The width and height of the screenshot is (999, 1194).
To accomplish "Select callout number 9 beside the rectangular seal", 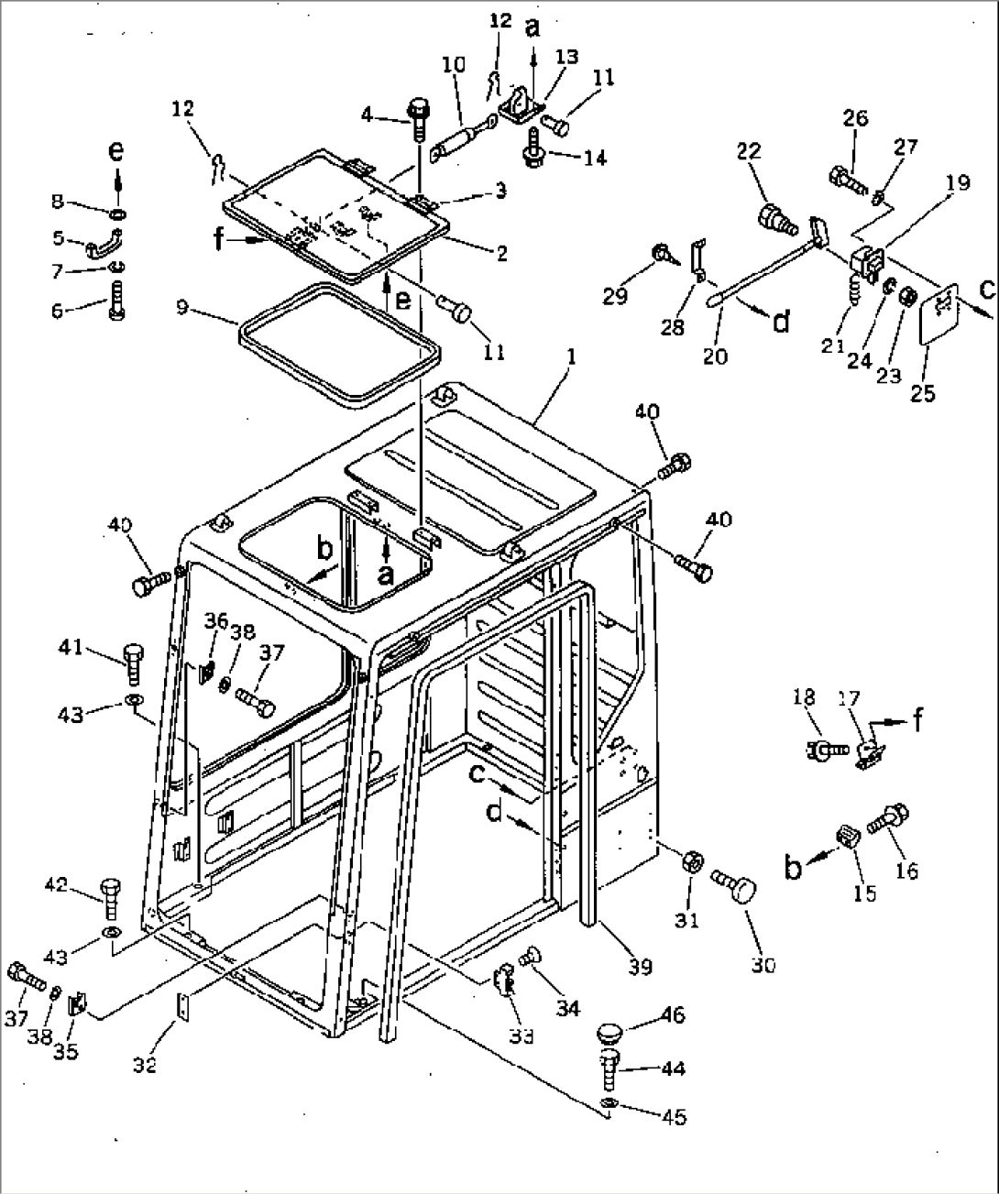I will [x=183, y=306].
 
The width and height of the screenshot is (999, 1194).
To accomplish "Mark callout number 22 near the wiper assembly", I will [x=749, y=151].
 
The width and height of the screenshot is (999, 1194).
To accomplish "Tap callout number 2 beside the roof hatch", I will [x=500, y=253].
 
